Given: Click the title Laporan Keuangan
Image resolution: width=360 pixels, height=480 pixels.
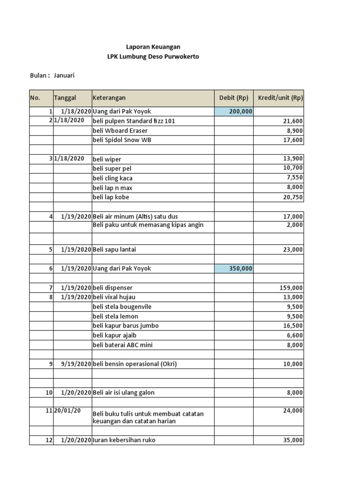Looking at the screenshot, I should [153, 47].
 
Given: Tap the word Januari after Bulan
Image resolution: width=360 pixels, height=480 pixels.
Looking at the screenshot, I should [64, 75].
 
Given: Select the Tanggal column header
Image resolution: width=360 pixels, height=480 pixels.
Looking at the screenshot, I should [65, 98].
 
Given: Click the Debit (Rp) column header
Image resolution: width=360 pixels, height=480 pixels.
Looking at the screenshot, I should [233, 98].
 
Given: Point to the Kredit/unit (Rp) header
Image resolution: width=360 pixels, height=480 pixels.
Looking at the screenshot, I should [280, 98].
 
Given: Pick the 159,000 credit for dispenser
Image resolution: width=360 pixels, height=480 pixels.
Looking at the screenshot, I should [291, 288].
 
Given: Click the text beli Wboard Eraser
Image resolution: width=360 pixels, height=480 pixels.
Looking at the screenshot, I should [120, 131].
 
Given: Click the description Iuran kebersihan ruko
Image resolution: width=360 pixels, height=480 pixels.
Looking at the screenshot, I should [124, 440].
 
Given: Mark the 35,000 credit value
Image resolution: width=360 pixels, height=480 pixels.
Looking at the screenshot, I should [293, 440].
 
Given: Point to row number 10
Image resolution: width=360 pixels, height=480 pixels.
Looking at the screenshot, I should [49, 393].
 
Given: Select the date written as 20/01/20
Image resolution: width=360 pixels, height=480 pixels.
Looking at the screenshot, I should [67, 411].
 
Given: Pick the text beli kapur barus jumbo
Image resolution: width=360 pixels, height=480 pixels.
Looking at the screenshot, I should [126, 326].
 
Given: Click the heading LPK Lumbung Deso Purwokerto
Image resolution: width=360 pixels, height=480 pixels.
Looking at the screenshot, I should [153, 57].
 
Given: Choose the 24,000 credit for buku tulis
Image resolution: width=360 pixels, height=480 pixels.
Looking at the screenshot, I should [293, 411].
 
